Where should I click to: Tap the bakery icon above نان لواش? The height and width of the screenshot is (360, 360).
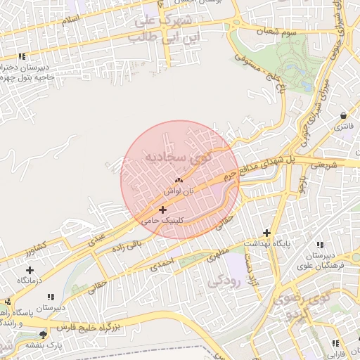point(169,181)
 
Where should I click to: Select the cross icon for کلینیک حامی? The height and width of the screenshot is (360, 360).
point(162,210)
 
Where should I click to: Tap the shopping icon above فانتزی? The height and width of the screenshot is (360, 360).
point(342,115)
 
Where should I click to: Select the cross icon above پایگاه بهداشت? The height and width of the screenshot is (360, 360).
point(266,233)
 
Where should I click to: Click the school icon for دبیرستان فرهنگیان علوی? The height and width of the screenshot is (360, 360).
point(321,245)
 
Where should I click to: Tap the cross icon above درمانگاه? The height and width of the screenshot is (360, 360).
point(30,270)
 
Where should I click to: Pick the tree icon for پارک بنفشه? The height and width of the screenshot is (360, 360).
point(44,335)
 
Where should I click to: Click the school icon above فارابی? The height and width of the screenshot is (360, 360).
point(335,343)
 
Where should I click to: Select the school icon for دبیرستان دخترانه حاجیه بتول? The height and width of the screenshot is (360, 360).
point(22,56)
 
